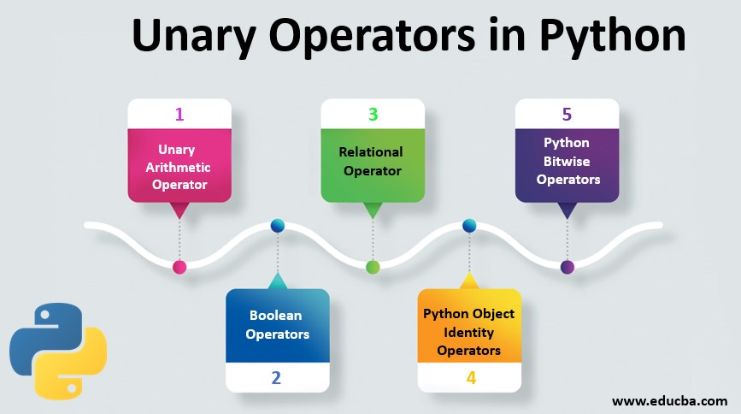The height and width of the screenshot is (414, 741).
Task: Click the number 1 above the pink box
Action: point(179,114)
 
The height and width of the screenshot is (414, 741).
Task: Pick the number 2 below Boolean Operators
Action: point(276,377)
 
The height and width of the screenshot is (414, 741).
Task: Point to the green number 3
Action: point(373,114)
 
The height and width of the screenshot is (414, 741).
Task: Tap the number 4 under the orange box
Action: point(471,377)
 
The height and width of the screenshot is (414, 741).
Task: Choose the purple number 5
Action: point(567,114)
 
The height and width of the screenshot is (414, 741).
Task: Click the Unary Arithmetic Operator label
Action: point(179,167)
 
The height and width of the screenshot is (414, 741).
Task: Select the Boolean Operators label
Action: point(277,325)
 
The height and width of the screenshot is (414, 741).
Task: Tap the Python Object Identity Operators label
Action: point(469,332)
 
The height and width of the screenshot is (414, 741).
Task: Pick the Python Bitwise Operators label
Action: point(567,161)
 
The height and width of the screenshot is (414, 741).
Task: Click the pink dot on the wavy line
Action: point(179,267)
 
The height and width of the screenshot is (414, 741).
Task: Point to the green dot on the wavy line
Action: point(373,267)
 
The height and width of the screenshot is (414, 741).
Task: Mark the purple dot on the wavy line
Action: point(567,267)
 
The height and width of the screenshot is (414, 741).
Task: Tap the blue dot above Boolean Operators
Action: point(277,227)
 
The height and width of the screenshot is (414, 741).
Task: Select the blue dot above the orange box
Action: point(469,227)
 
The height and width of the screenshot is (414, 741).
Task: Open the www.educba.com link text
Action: point(670,399)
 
